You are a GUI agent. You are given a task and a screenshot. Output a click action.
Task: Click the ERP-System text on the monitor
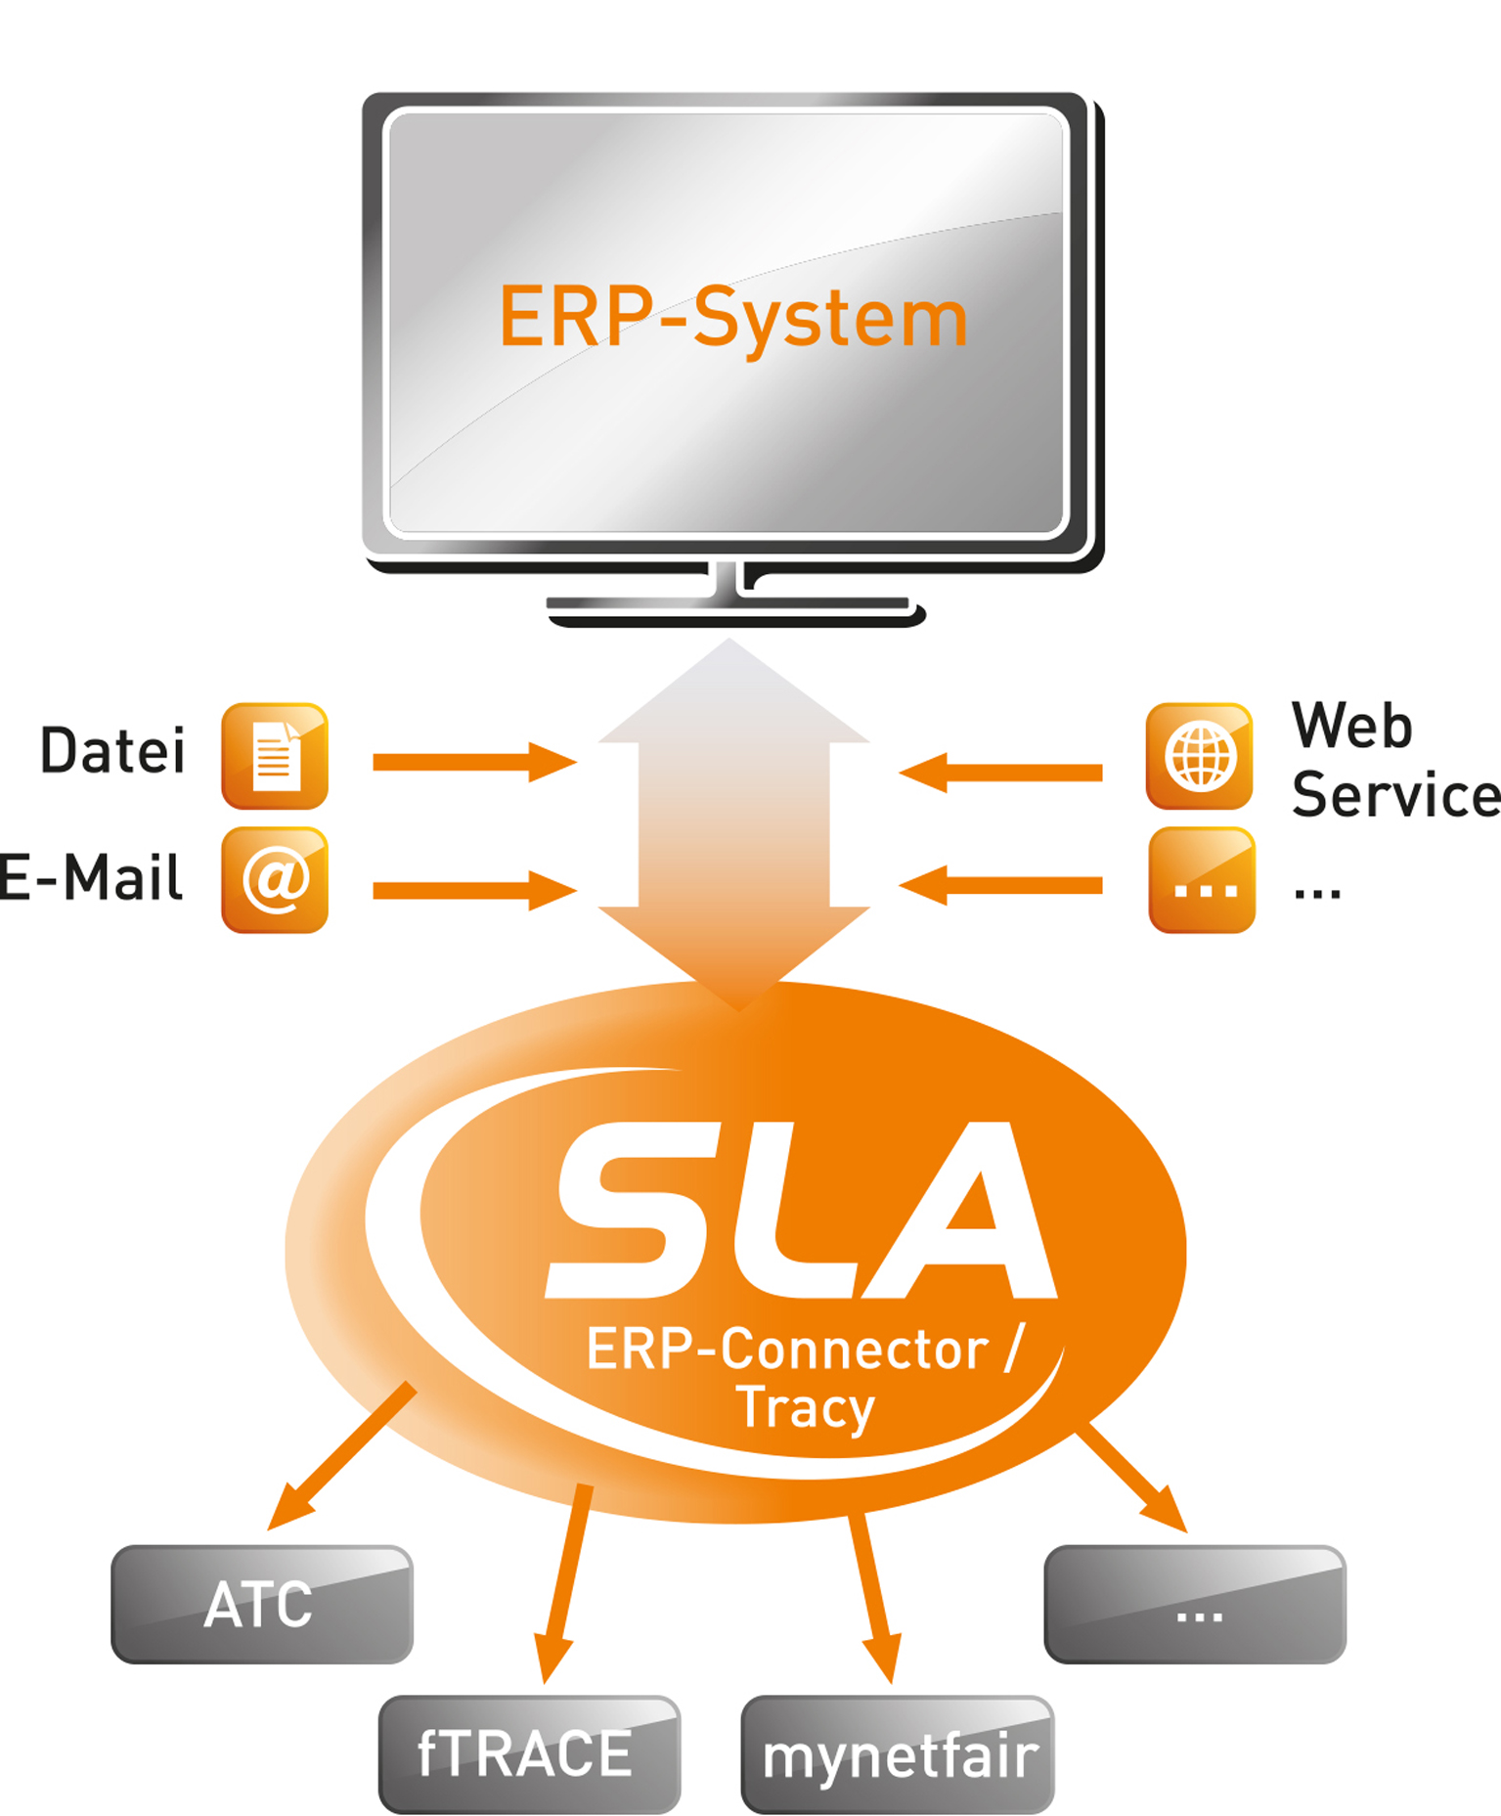pyautogui.click(x=733, y=318)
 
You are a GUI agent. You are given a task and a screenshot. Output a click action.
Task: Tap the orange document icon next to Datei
pyautogui.click(x=275, y=756)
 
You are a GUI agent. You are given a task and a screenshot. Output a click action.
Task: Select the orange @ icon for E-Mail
pyautogui.click(x=275, y=879)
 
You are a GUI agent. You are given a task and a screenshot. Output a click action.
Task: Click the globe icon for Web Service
pyautogui.click(x=1199, y=756)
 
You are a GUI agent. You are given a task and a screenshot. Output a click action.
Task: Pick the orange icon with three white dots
pyautogui.click(x=1202, y=880)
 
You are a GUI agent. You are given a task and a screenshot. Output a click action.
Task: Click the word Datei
pyautogui.click(x=112, y=751)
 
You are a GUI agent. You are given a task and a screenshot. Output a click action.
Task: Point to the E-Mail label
pyautogui.click(x=90, y=877)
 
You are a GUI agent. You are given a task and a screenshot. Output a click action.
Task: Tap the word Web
pyautogui.click(x=1351, y=726)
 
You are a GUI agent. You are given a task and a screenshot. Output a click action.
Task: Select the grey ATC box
pyautogui.click(x=261, y=1604)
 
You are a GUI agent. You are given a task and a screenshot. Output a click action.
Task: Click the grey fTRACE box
pyautogui.click(x=529, y=1753)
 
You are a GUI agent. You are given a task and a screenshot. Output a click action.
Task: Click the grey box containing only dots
pyautogui.click(x=1195, y=1604)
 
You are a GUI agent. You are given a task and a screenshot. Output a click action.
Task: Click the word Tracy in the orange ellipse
pyautogui.click(x=805, y=1408)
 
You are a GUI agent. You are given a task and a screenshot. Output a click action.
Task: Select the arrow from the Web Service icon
pyautogui.click(x=1001, y=773)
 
